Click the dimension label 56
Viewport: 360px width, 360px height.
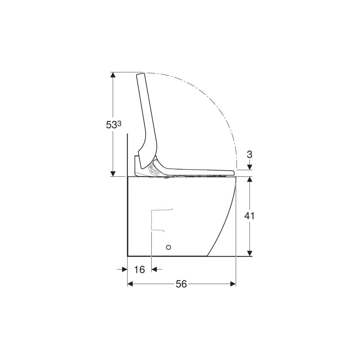click(181, 284)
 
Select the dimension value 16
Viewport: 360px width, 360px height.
click(139, 269)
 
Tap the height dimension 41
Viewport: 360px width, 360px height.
click(249, 216)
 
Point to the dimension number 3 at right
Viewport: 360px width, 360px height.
click(249, 155)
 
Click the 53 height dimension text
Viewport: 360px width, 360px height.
click(112, 125)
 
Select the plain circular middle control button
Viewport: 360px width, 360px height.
click(153, 171)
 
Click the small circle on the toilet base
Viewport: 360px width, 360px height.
click(168, 247)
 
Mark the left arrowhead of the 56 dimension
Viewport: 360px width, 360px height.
click(130, 284)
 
